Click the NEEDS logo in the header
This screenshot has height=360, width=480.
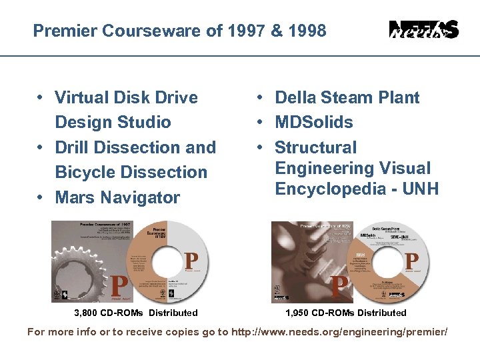tap(423, 30)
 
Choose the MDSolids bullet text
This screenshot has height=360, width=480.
tap(314, 122)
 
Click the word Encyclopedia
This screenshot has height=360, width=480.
tap(328, 189)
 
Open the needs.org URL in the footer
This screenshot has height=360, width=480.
tap(339, 331)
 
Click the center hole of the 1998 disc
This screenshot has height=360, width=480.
tap(385, 262)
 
